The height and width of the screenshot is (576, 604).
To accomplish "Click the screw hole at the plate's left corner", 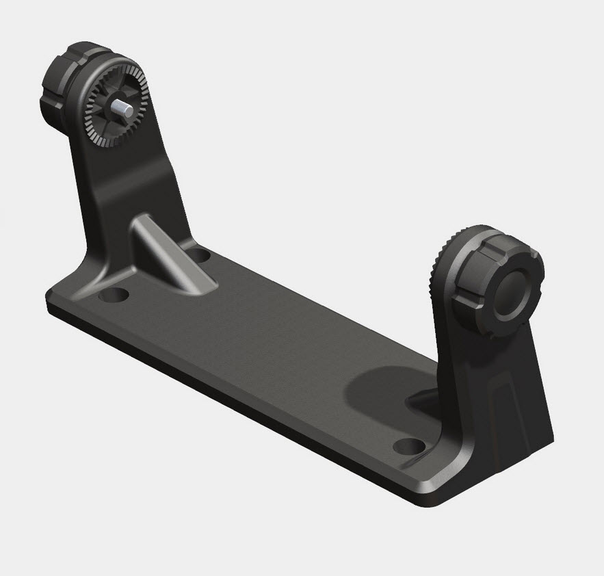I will [x=115, y=296].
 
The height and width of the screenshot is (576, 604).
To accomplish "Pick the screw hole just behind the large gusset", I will [x=199, y=255].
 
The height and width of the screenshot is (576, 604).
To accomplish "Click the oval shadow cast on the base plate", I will [x=383, y=390].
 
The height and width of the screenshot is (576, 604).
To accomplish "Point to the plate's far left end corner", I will [x=51, y=301].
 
